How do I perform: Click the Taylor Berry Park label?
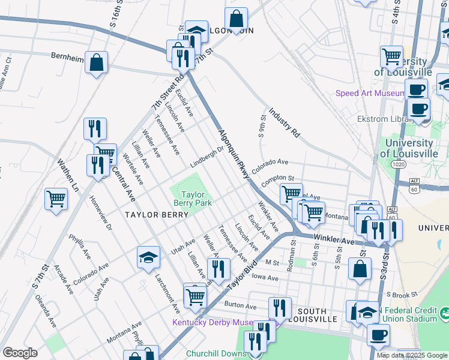tap(193, 199)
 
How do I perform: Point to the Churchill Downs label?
tap(216, 353)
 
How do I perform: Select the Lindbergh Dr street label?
tap(207, 157)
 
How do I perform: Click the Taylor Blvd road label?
tap(242, 277)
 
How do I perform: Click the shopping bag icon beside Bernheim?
tap(96, 62)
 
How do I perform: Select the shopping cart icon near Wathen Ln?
tap(56, 199)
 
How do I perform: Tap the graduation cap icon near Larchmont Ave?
tap(148, 257)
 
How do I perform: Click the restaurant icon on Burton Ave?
tap(280, 308)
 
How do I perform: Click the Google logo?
tap(20, 353)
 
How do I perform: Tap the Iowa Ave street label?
tap(265, 278)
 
